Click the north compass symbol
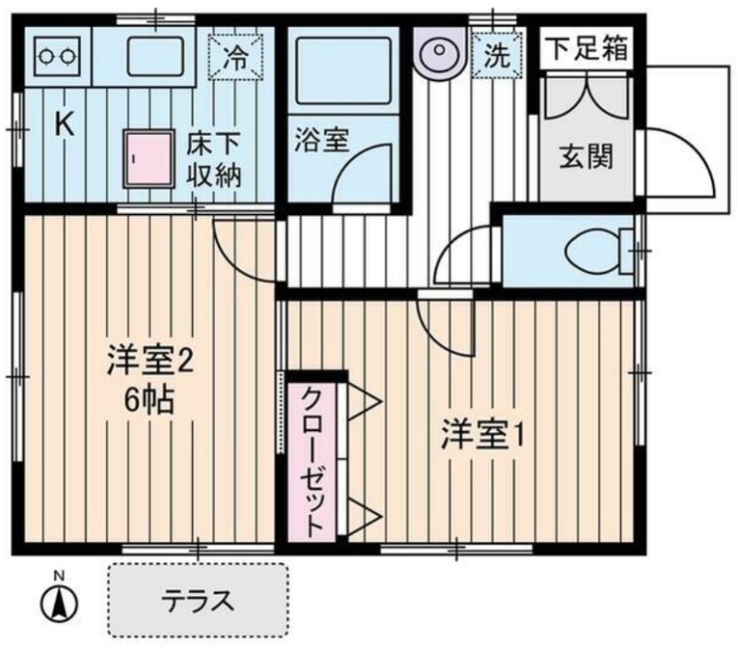(x=59, y=602)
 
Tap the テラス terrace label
(x=197, y=600)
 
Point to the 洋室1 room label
(x=482, y=435)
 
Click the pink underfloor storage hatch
(x=149, y=159)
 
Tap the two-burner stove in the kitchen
(x=57, y=57)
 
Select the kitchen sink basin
(x=155, y=56)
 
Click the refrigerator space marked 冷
(x=235, y=57)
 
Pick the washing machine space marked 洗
(x=498, y=55)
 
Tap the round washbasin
(x=439, y=51)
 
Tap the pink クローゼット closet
(x=311, y=462)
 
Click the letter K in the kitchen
(x=64, y=125)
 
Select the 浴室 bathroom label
(x=322, y=140)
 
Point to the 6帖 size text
(x=149, y=400)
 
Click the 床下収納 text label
(x=214, y=160)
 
